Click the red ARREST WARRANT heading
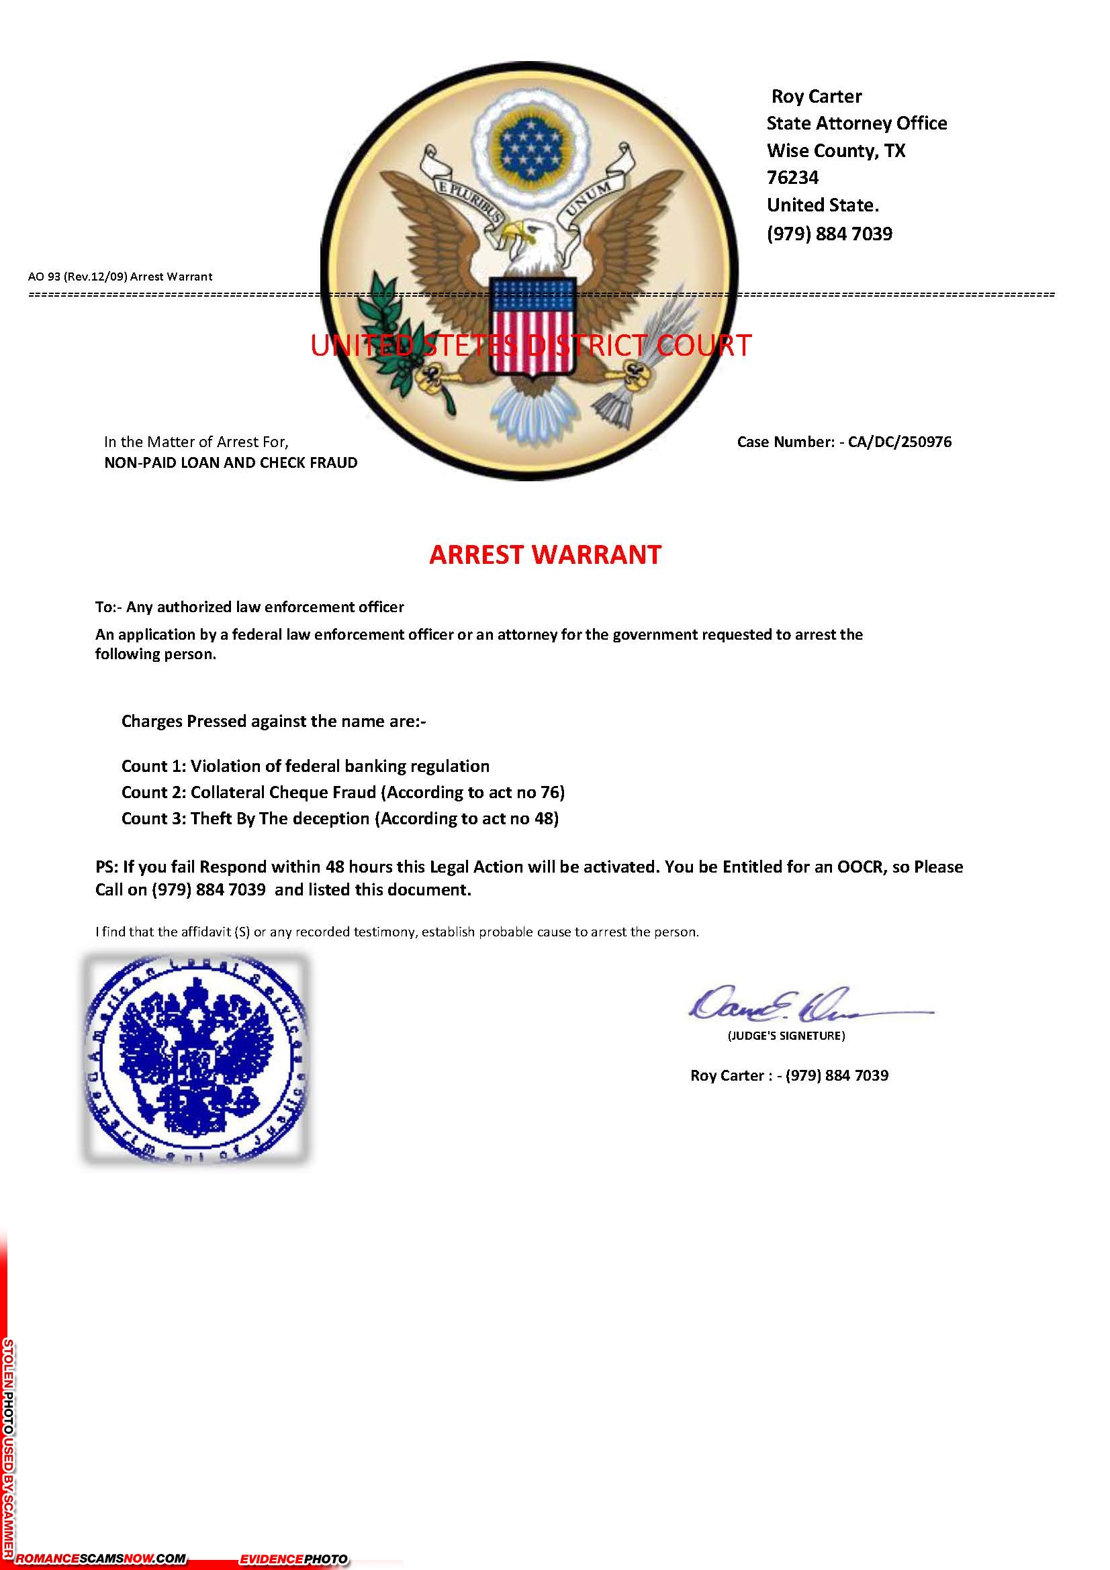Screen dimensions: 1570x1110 point(545,554)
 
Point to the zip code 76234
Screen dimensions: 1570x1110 point(792,178)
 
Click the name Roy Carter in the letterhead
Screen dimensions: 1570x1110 point(816,97)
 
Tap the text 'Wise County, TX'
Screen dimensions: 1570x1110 point(835,150)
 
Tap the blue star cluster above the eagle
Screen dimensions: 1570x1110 point(530,145)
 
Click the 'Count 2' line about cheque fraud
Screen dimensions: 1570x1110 point(342,792)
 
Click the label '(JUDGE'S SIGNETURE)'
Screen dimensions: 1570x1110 point(786,1036)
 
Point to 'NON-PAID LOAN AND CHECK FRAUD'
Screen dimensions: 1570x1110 point(230,463)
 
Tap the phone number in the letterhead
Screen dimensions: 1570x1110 point(829,234)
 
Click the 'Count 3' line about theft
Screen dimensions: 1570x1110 point(340,818)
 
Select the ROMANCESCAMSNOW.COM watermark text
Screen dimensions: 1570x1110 point(101,1559)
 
